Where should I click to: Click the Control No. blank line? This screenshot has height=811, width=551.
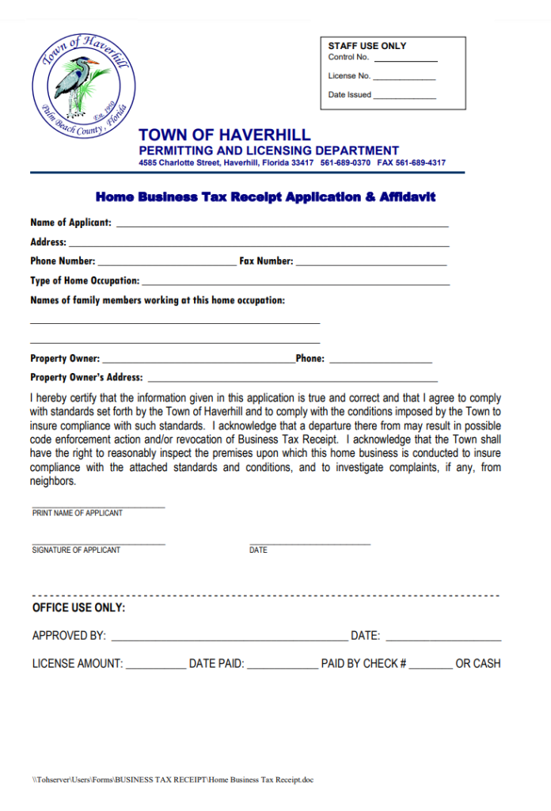pos(405,60)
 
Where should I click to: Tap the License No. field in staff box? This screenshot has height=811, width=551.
pos(404,79)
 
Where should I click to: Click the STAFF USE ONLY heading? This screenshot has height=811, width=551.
pos(367,46)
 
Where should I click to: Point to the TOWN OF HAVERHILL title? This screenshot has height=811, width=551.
pos(225,135)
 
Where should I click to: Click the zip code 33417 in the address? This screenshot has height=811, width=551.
pos(302,163)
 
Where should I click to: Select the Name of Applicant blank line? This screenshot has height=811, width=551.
pos(283,226)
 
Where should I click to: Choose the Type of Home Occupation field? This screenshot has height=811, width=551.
pos(296,284)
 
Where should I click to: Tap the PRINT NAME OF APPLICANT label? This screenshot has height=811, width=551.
pos(78,513)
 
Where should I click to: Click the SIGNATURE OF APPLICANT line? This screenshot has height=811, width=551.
pos(98,544)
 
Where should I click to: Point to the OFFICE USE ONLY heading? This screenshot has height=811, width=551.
pos(78,608)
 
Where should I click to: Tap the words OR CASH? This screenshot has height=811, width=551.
pos(478,664)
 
